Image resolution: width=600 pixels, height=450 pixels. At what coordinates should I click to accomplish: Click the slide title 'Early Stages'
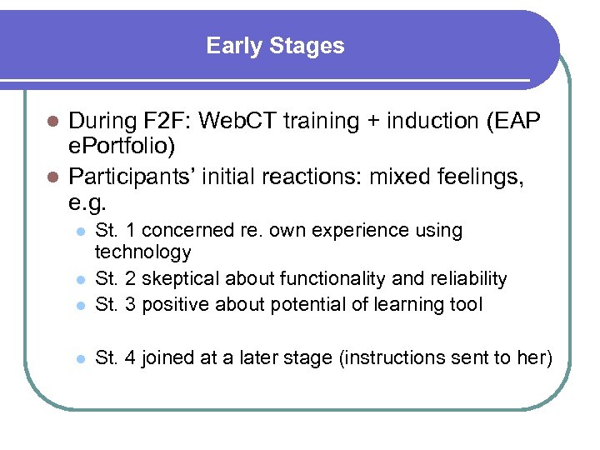(275, 46)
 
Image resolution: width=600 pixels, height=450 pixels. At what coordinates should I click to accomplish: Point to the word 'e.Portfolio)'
(122, 147)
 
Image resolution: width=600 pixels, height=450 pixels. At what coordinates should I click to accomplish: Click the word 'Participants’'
(132, 177)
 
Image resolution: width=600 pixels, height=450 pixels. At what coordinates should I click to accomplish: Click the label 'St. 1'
(113, 231)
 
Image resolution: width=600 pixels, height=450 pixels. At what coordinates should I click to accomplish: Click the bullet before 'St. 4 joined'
(77, 358)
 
